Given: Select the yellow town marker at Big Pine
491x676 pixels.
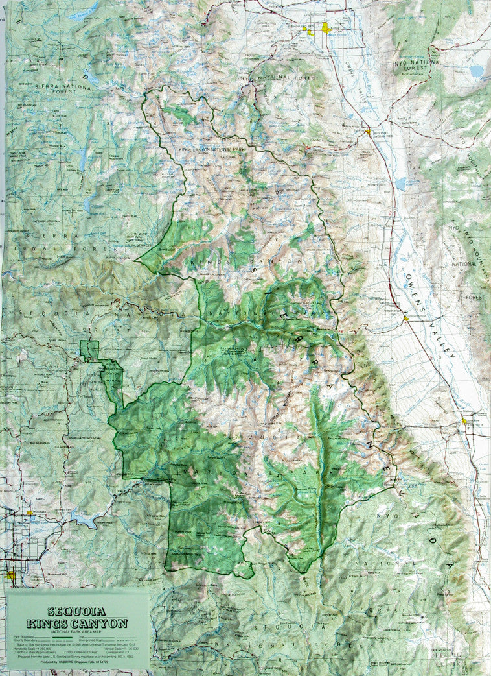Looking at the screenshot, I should coord(368,132).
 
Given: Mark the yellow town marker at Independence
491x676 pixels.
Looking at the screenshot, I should coord(406,319).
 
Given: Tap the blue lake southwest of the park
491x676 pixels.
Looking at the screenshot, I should coord(84,519).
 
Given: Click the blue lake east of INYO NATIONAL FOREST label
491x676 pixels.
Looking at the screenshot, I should coord(477,70).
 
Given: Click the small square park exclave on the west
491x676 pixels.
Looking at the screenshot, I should coord(89,350).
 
